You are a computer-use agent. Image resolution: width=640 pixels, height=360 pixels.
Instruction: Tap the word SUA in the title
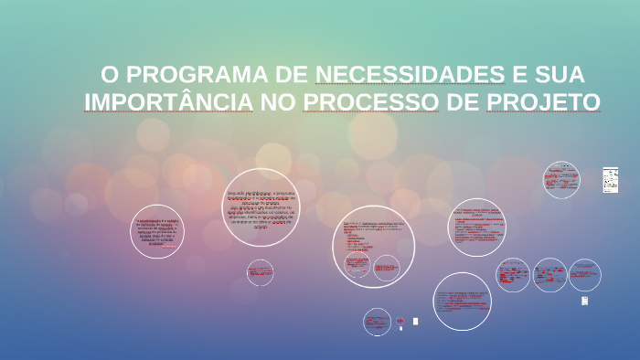click(x=557, y=75)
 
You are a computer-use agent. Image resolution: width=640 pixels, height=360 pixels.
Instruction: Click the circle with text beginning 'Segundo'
click(x=261, y=207)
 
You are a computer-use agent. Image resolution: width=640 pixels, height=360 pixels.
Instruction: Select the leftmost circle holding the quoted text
click(x=157, y=231)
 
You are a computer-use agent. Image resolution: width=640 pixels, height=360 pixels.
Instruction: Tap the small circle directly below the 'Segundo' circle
click(x=260, y=272)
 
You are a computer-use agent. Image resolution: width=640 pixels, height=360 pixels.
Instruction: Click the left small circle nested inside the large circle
click(x=357, y=266)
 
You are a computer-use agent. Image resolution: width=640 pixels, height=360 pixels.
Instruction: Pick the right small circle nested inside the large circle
click(x=387, y=268)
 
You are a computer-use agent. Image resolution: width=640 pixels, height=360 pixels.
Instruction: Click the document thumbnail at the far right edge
click(x=610, y=180)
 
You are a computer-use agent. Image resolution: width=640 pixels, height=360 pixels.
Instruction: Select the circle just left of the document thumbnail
click(x=560, y=180)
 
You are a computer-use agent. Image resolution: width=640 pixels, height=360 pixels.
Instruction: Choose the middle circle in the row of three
click(x=549, y=275)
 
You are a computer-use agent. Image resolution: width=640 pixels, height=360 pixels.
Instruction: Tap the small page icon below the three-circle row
click(x=584, y=301)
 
